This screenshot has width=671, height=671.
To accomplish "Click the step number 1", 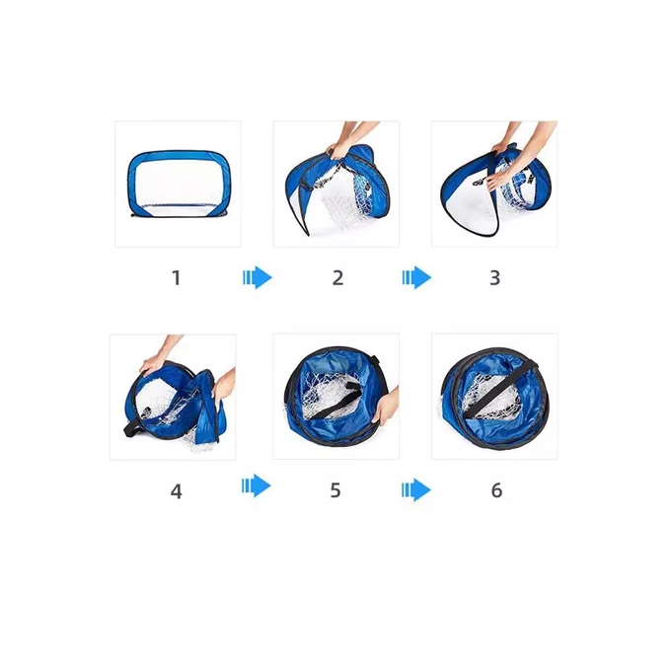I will coord(177,277).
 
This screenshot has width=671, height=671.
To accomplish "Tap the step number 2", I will coord(337,277).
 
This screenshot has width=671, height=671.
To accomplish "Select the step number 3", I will coord(495,277).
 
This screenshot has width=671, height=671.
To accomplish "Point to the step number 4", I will coord(177,490).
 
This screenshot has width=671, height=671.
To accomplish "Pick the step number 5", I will coord(335,490).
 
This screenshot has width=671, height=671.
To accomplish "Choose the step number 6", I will coord(496,490).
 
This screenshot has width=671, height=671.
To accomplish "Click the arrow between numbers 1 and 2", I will coord(257,278).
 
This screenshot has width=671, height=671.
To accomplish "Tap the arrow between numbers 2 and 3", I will coord(416,278).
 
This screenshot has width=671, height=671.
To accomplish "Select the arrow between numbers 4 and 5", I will coord(257,485).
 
